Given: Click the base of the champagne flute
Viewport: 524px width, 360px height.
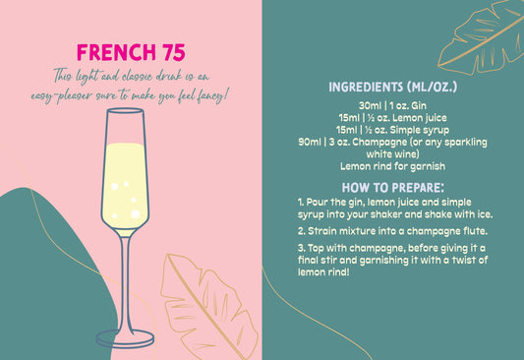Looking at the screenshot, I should (x=125, y=338).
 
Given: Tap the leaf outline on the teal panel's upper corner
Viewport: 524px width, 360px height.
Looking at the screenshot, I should (x=482, y=37).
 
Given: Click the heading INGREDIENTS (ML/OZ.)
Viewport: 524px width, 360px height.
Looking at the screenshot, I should (x=393, y=88).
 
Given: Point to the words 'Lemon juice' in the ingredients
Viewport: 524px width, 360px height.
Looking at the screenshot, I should (x=421, y=117).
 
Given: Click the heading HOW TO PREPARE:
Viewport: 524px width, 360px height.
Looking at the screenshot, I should (x=393, y=187).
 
